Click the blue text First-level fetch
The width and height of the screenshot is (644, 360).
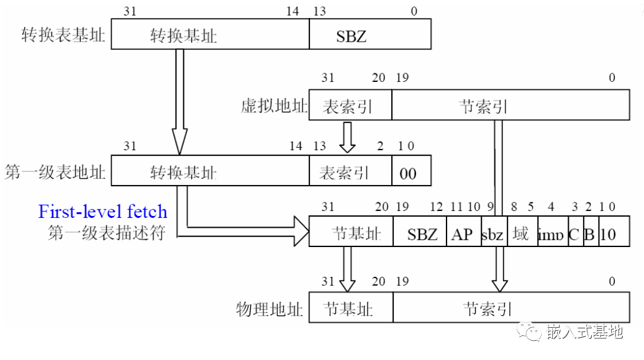[x=103, y=212]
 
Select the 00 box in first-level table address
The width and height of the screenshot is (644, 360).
[x=408, y=173]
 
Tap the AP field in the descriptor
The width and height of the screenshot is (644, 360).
[x=463, y=234]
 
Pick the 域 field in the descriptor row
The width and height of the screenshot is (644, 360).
[x=521, y=234]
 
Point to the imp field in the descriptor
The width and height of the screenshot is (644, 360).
[x=551, y=235]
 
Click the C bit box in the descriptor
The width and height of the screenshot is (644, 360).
[x=574, y=234]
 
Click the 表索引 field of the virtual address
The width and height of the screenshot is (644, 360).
[x=348, y=107]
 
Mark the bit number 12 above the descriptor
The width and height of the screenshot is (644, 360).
[x=437, y=206]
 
